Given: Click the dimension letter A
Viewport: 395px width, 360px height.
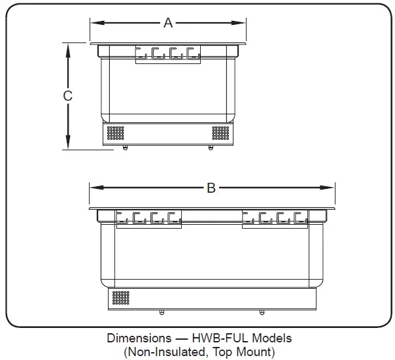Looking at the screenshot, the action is (168, 23).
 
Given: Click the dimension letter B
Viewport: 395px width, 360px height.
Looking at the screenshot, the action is (211, 188).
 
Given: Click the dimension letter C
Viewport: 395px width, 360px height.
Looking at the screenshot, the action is (67, 95).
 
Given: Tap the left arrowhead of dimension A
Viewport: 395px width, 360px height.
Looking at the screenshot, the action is (97, 23).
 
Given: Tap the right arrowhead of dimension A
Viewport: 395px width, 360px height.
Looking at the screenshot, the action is (238, 23).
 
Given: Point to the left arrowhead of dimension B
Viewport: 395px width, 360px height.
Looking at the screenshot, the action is (97, 188).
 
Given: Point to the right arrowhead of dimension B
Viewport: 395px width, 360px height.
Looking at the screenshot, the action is (327, 188).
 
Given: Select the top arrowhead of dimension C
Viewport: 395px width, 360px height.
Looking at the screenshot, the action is (68, 50).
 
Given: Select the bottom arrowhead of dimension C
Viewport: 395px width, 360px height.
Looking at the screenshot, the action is (68, 142).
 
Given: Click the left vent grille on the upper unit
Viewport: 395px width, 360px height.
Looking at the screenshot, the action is (115, 133).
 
